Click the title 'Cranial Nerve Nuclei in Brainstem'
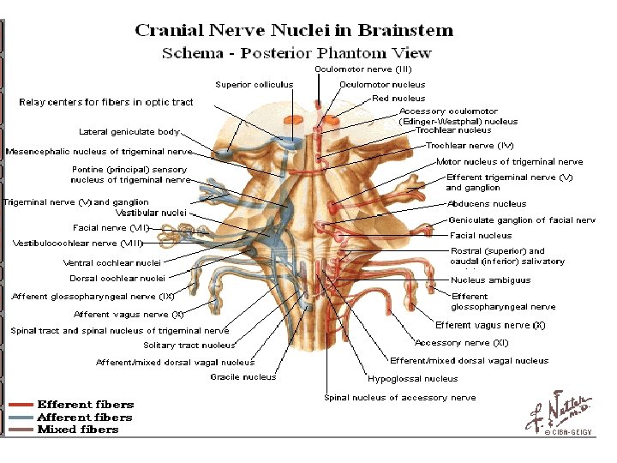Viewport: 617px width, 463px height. pos(293,31)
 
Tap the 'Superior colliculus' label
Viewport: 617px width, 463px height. pos(254,85)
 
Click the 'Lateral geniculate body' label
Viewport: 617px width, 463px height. pos(129,132)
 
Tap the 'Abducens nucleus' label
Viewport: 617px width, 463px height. pos(487,204)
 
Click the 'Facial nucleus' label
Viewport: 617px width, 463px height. pos(481,235)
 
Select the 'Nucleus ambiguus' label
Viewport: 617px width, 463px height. pos(491,280)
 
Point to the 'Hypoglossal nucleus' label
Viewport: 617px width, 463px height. pos(413,378)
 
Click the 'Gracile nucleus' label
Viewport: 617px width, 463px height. pos(243,376)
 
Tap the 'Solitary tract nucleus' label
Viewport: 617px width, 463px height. pos(189,346)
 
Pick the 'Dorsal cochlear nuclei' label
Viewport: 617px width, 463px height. pos(117,278)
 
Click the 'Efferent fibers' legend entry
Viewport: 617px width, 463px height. pos(85,405)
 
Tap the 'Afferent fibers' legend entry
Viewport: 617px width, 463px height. pos(85,418)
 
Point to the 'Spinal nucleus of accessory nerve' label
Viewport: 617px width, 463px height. pos(399,398)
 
